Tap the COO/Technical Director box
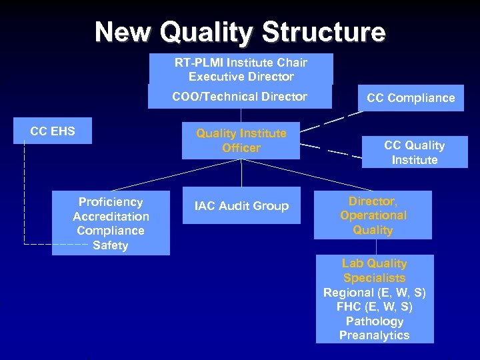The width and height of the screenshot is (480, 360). point(239,97)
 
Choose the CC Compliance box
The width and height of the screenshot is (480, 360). point(411,98)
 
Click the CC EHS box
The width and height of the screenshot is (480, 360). point(53,131)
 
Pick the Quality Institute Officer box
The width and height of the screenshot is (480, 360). point(241,141)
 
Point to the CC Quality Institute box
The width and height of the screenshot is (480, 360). point(414,153)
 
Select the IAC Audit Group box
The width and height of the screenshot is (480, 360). point(241,206)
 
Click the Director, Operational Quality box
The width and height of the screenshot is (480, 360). point(373,215)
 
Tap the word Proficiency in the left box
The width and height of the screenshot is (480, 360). point(111,201)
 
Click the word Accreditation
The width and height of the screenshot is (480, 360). point(111,216)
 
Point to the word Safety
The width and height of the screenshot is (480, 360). point(111,245)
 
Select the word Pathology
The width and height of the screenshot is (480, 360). point(374,321)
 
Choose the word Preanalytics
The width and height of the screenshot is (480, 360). point(374,335)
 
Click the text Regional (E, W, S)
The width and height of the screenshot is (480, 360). point(374,293)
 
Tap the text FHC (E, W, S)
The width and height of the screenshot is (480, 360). point(374,307)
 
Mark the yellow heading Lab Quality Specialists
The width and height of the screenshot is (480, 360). point(374,271)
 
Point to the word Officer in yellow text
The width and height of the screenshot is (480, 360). point(241,148)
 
